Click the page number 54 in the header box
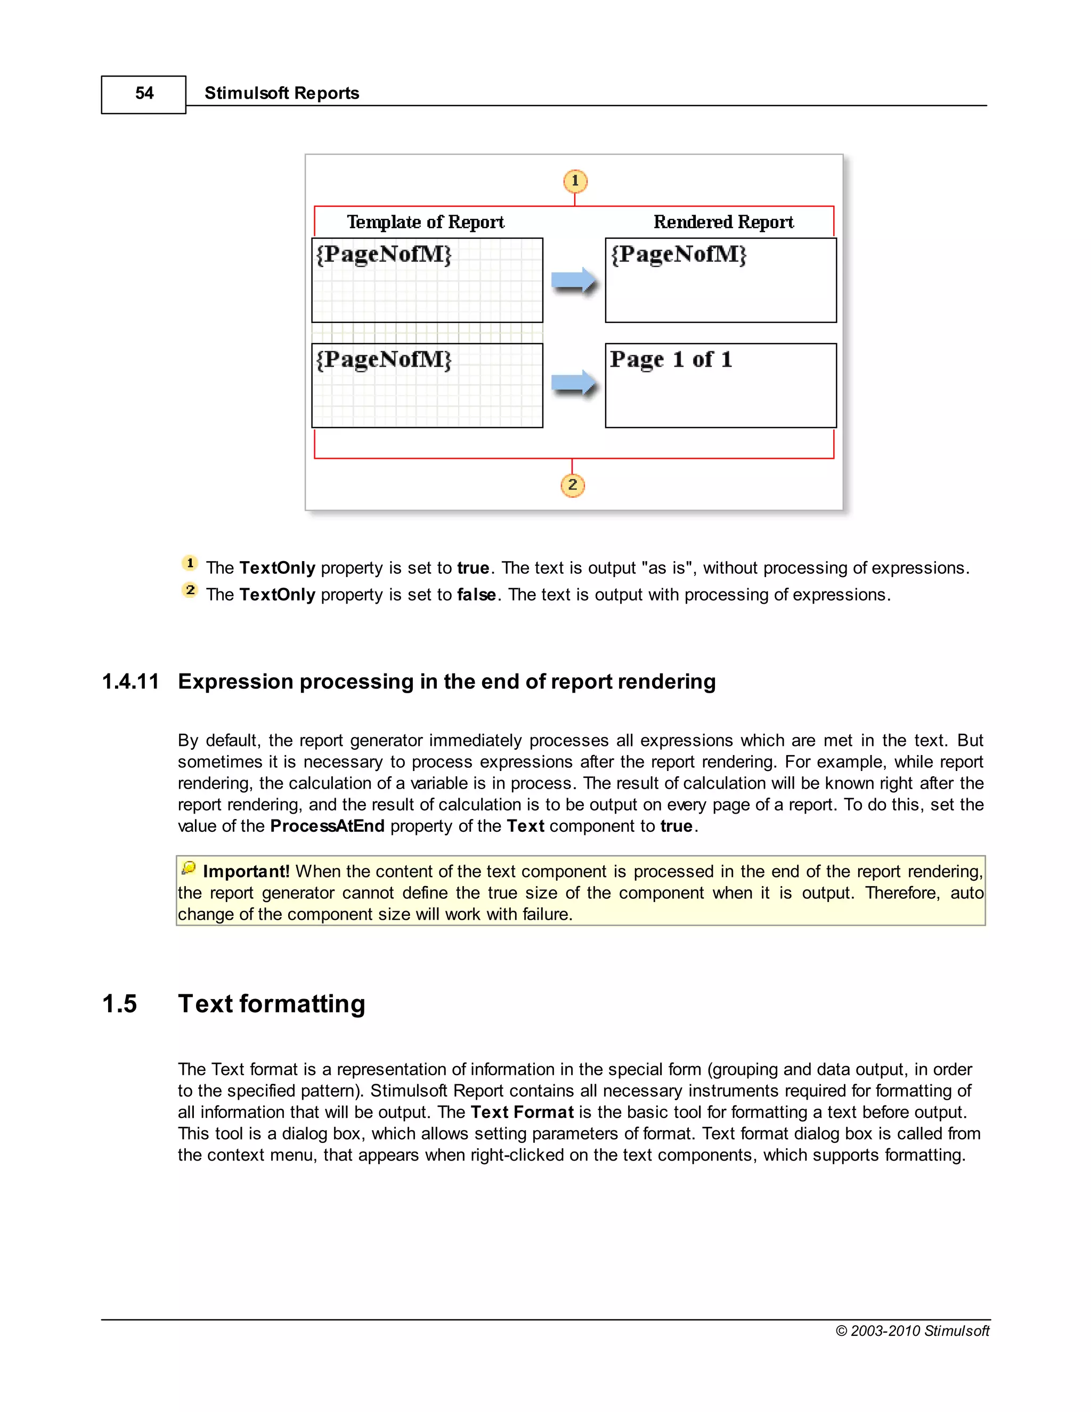tap(144, 93)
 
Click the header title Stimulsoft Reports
tap(281, 93)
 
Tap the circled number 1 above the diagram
tap(575, 181)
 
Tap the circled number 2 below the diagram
tap(572, 485)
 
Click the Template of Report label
tap(425, 222)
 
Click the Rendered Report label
tap(723, 222)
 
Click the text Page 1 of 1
tap(671, 360)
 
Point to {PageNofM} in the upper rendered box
tap(679, 254)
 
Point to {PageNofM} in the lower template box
tap(384, 360)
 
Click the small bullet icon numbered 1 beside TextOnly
tap(189, 563)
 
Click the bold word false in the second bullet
tap(476, 595)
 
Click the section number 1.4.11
tap(130, 681)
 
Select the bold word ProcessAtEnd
tap(327, 826)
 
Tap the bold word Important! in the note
tap(246, 872)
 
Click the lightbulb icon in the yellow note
tap(189, 867)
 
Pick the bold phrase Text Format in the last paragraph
tap(522, 1112)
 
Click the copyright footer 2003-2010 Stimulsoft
tap(912, 1330)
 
